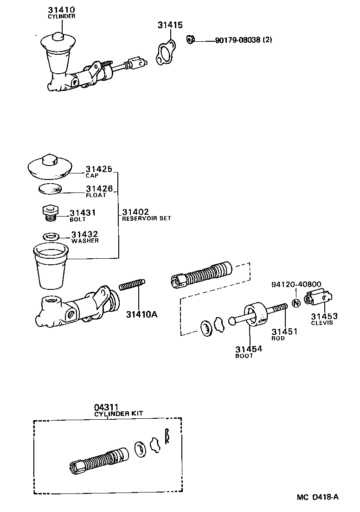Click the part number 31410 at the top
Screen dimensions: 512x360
point(61,9)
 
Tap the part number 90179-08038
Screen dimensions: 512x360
point(238,40)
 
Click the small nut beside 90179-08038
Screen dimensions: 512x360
point(190,39)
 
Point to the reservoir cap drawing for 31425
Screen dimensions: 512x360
point(50,166)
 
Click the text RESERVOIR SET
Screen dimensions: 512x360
point(147,218)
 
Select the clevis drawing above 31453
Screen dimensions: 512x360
point(320,298)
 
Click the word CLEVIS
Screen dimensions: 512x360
point(322,323)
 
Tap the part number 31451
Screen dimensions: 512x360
point(284,332)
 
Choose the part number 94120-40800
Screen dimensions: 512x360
point(296,284)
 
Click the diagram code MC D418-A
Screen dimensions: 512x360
point(318,498)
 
